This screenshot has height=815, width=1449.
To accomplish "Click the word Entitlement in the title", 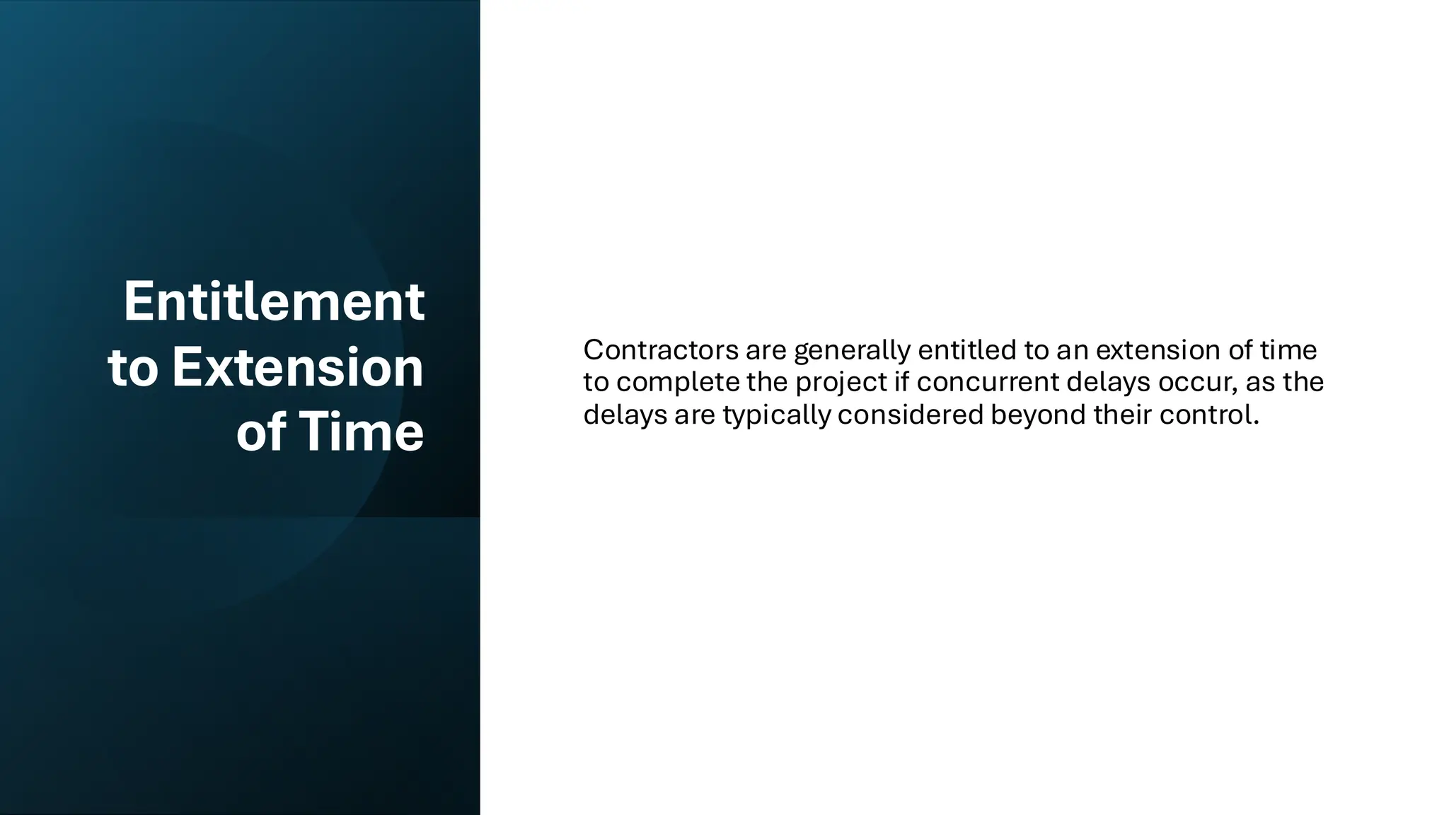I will tap(274, 301).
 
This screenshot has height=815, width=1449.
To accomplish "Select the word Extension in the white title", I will tap(297, 367).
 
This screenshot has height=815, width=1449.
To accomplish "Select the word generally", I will tap(852, 350).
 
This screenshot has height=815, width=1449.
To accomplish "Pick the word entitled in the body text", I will tap(966, 349).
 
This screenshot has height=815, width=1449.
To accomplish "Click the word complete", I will tap(678, 382).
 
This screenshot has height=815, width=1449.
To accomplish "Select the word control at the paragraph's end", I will tap(1209, 415).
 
